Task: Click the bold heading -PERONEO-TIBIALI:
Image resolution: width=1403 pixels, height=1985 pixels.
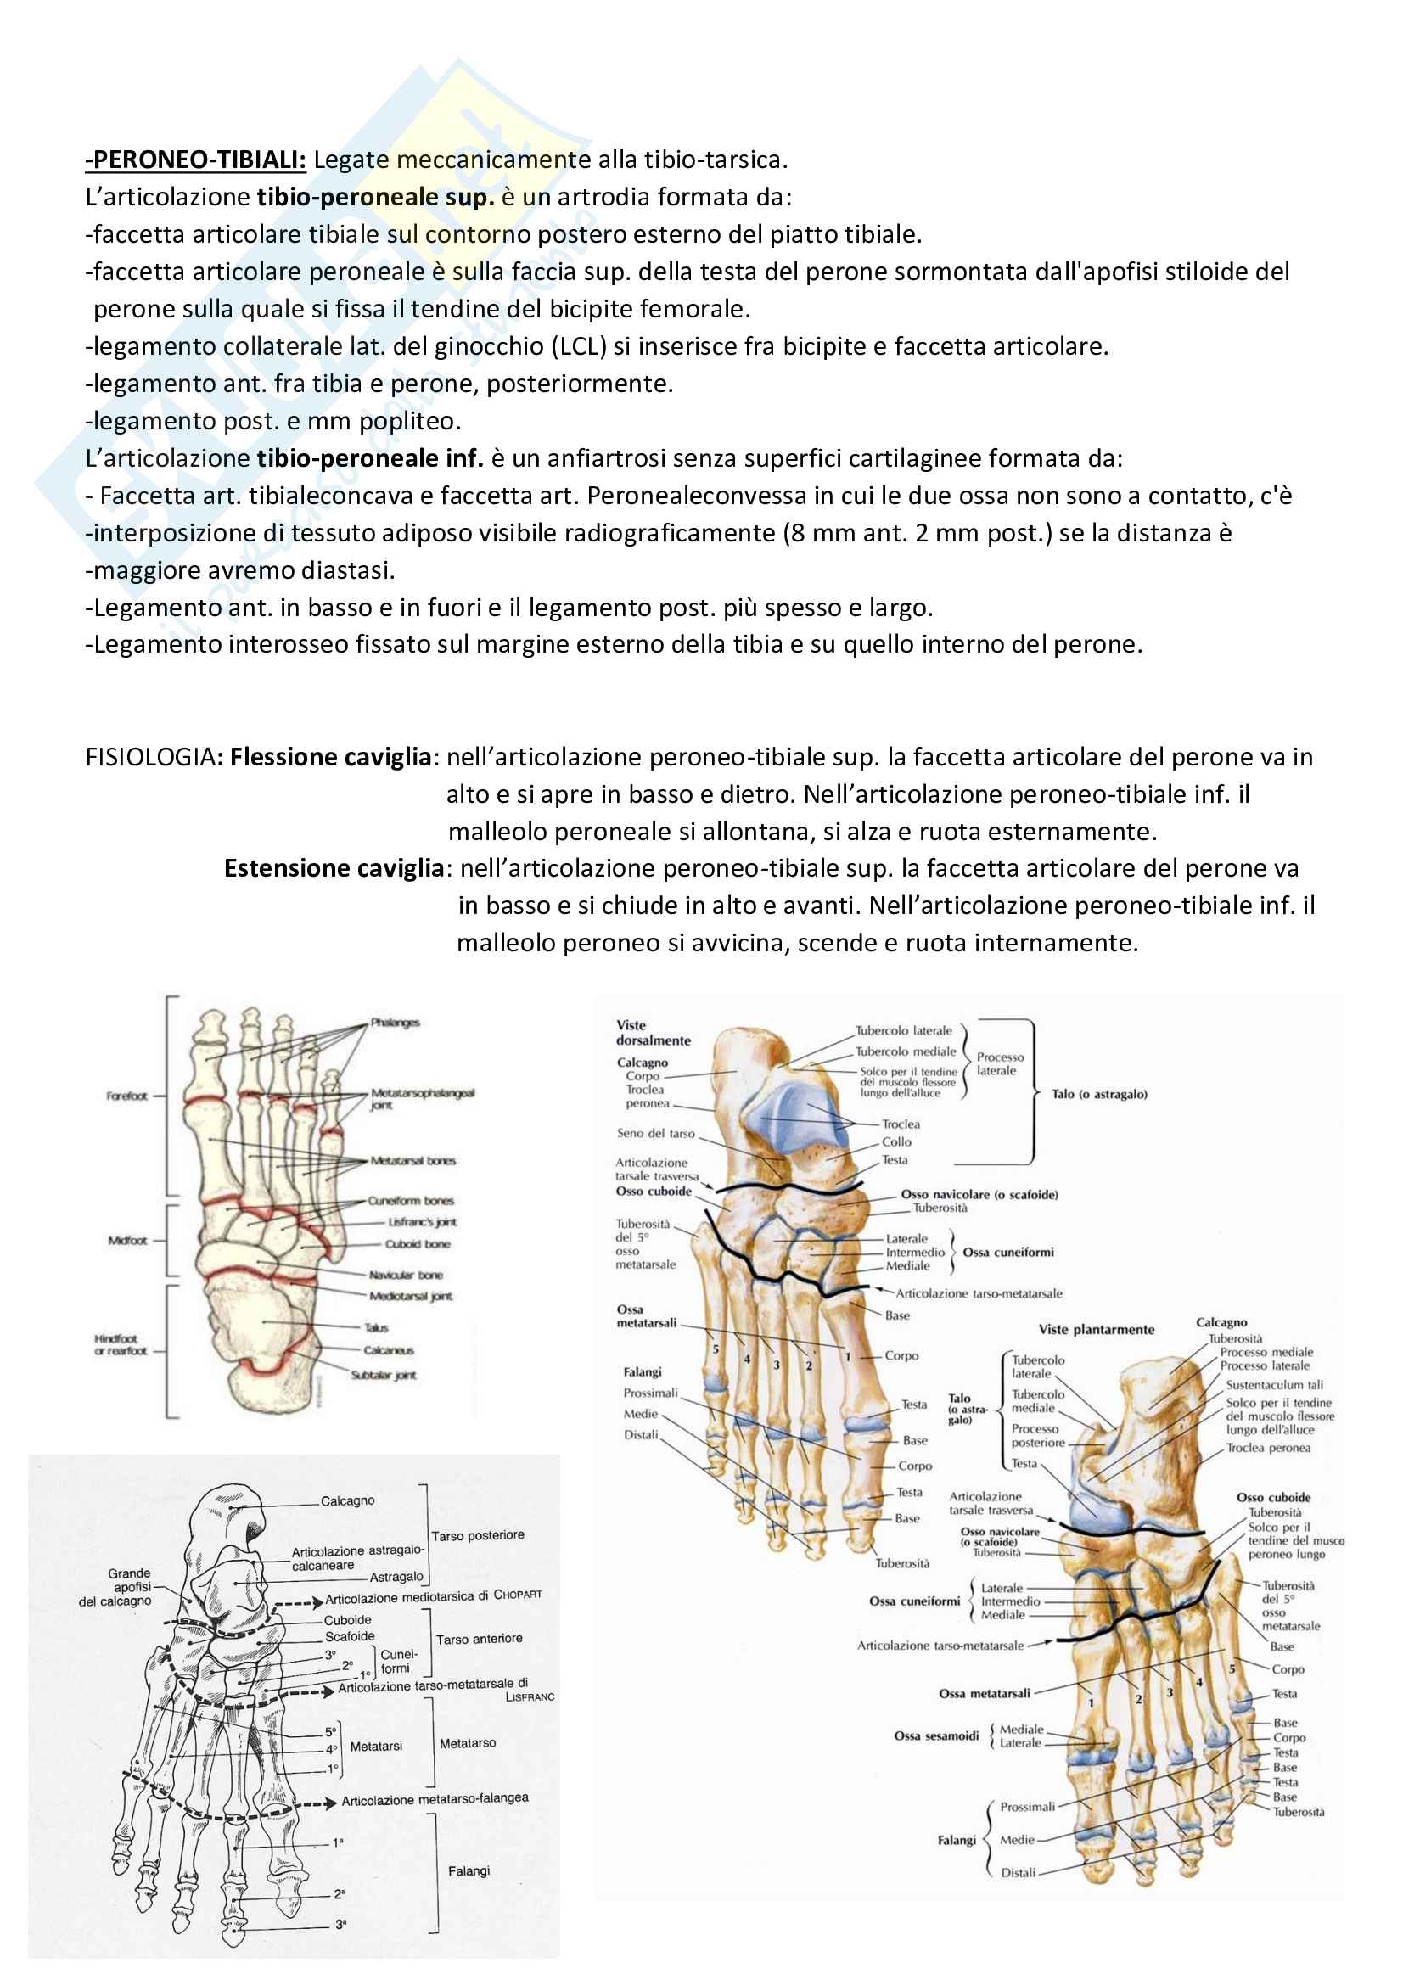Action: pos(195,160)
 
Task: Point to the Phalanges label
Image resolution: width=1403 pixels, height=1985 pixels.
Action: pos(395,1023)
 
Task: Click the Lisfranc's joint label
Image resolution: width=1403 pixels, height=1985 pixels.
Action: pos(422,1222)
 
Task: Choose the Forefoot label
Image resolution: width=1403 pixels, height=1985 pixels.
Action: pos(127,1096)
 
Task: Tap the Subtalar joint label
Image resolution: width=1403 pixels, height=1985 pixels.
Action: pos(383,1375)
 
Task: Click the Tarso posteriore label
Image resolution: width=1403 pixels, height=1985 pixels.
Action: pos(478,1535)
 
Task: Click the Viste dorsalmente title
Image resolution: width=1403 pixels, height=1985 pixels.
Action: pos(653,1032)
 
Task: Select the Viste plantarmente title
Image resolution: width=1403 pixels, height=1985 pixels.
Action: pos(1096,1330)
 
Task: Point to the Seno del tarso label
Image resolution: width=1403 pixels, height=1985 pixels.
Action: pos(655,1134)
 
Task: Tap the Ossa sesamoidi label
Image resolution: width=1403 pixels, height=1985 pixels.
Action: pos(936,1735)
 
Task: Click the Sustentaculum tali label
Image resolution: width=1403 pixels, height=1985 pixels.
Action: pos(1274,1384)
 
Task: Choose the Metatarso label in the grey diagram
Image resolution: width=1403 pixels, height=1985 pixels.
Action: pos(468,1743)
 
